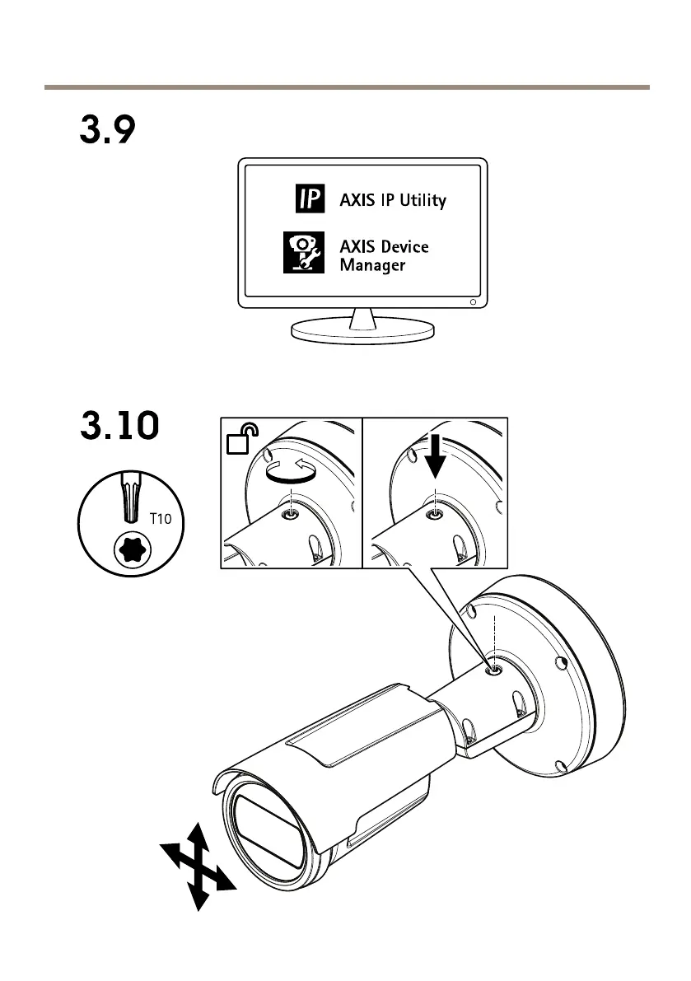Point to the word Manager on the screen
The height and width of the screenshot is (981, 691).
click(372, 265)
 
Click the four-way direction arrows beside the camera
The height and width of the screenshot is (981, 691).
click(198, 865)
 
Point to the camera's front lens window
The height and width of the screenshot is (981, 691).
click(264, 831)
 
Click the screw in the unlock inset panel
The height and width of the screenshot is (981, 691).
click(290, 515)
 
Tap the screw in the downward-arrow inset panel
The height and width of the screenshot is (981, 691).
click(434, 514)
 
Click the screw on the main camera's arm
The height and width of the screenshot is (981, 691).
click(492, 670)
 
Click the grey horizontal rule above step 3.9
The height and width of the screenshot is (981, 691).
click(346, 86)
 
